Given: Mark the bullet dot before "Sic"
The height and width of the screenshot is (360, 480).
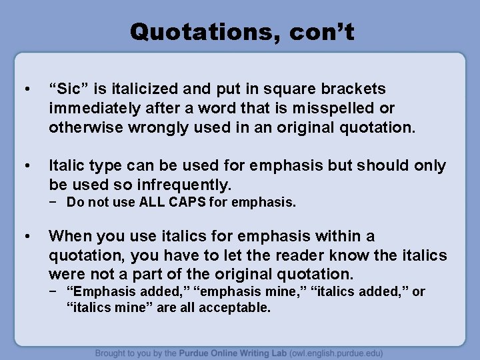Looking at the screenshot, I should pos(26,89).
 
